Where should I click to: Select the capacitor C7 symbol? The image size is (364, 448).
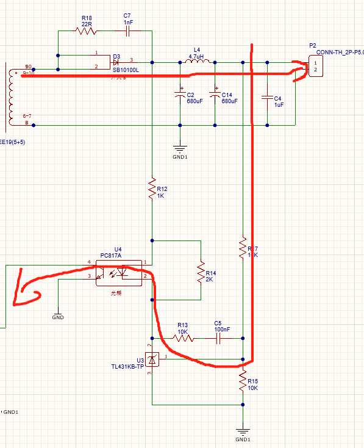click(128, 30)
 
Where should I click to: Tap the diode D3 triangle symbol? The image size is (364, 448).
click(116, 62)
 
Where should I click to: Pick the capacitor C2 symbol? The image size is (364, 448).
click(180, 95)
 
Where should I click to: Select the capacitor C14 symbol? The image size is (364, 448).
click(215, 95)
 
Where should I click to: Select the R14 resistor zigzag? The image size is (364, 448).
click(200, 273)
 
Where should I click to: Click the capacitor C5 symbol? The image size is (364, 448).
click(218, 337)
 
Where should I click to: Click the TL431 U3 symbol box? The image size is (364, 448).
click(152, 359)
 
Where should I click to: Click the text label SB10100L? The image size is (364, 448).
click(126, 70)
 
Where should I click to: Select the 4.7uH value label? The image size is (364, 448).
click(196, 56)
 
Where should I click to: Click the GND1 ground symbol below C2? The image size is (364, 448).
click(180, 147)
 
